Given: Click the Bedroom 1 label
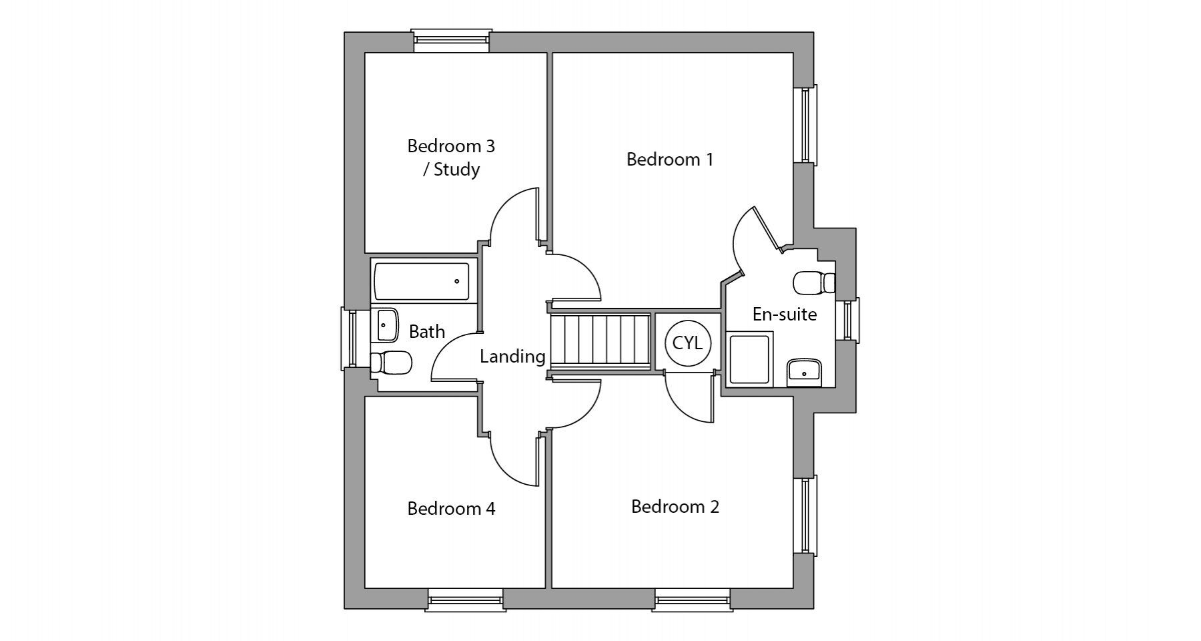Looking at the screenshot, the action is (670, 160).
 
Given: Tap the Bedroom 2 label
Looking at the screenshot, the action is (675, 507).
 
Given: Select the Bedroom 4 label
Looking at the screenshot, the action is (451, 509).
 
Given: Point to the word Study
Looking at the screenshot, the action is (456, 170).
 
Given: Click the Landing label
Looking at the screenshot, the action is (512, 357).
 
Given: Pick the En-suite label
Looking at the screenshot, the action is (785, 314).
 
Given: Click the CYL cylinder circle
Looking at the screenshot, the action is (688, 343).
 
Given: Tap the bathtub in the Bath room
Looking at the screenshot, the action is (422, 281).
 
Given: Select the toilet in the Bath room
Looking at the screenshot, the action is (391, 363).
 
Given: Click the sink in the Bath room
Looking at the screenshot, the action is (384, 325).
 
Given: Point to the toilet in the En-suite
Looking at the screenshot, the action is (815, 282).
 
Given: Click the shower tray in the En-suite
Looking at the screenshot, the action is (751, 361).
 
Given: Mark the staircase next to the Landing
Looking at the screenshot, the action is (600, 340).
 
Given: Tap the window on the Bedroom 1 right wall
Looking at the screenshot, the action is (806, 125).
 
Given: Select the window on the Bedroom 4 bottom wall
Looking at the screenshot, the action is (464, 600).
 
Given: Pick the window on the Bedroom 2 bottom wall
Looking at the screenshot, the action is (693, 600).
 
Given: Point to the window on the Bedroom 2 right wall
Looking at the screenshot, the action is (806, 515).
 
